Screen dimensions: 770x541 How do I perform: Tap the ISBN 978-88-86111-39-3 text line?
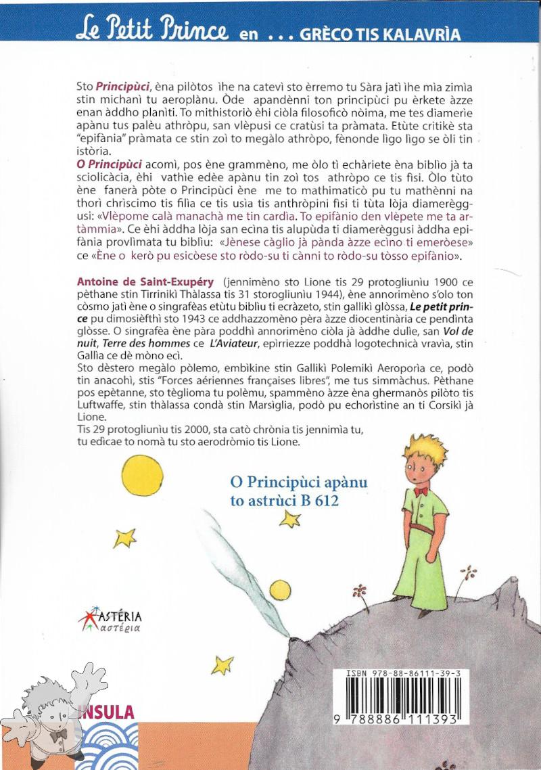[403, 675]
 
